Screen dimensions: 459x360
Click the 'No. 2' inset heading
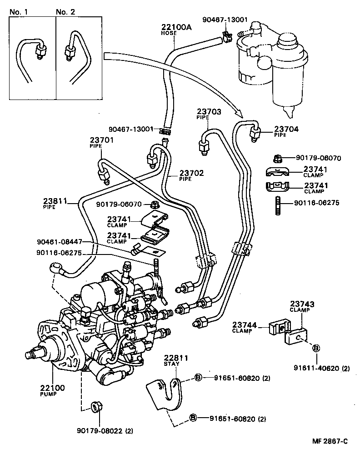pyautogui.click(x=65, y=12)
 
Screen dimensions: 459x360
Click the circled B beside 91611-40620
pyautogui.click(x=316, y=348)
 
